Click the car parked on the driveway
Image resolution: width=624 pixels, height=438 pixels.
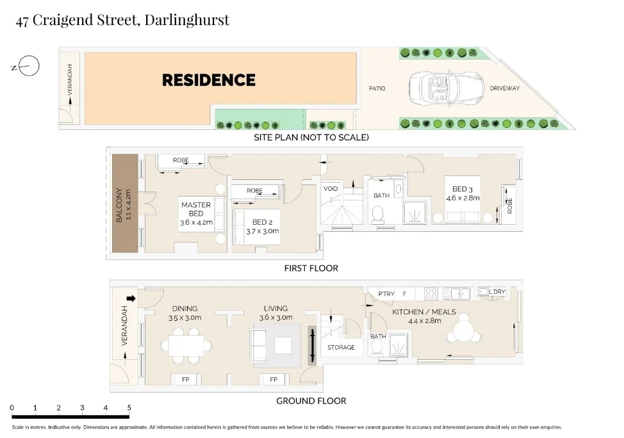[445, 88]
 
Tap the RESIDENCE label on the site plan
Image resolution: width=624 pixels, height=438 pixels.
[208, 80]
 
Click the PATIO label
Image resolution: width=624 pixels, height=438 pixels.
[377, 88]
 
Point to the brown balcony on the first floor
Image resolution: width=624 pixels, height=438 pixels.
[124, 204]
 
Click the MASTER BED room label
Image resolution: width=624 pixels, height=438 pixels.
[196, 209]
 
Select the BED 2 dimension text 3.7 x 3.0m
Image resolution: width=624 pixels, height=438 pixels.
[262, 231]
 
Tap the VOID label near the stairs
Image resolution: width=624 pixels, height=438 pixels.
[331, 189]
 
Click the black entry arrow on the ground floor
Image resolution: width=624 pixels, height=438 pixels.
[131, 298]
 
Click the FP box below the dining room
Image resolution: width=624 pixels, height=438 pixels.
[186, 380]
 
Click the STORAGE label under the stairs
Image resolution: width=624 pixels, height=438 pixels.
[341, 347]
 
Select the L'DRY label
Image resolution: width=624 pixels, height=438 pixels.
[497, 292]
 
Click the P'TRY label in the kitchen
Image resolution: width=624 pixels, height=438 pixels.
[386, 294]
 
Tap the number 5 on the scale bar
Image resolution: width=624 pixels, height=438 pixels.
[129, 407]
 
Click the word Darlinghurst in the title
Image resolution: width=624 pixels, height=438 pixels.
[187, 20]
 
